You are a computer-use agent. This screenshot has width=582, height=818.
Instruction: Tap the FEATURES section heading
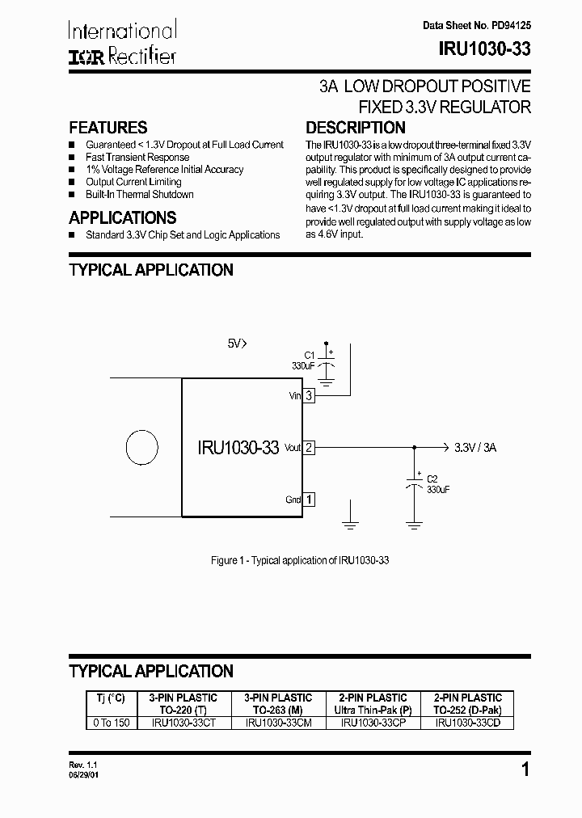click(108, 128)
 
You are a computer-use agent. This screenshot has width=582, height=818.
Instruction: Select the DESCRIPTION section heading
click(356, 128)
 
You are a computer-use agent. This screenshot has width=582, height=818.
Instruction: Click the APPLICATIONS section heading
click(122, 217)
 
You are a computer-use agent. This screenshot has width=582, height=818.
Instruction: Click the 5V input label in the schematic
click(236, 344)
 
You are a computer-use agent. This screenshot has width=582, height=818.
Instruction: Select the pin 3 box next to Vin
click(309, 395)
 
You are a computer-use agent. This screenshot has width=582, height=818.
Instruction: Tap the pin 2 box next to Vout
click(309, 447)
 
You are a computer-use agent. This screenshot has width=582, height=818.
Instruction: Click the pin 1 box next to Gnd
click(309, 500)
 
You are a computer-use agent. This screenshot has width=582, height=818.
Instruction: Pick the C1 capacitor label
click(308, 355)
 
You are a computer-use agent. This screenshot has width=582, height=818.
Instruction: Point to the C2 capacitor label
click(432, 479)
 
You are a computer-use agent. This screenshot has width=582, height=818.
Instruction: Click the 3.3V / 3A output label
click(475, 447)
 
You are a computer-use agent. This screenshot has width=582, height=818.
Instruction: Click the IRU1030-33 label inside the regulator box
click(238, 448)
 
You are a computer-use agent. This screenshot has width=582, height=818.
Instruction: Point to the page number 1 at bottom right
click(525, 769)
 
